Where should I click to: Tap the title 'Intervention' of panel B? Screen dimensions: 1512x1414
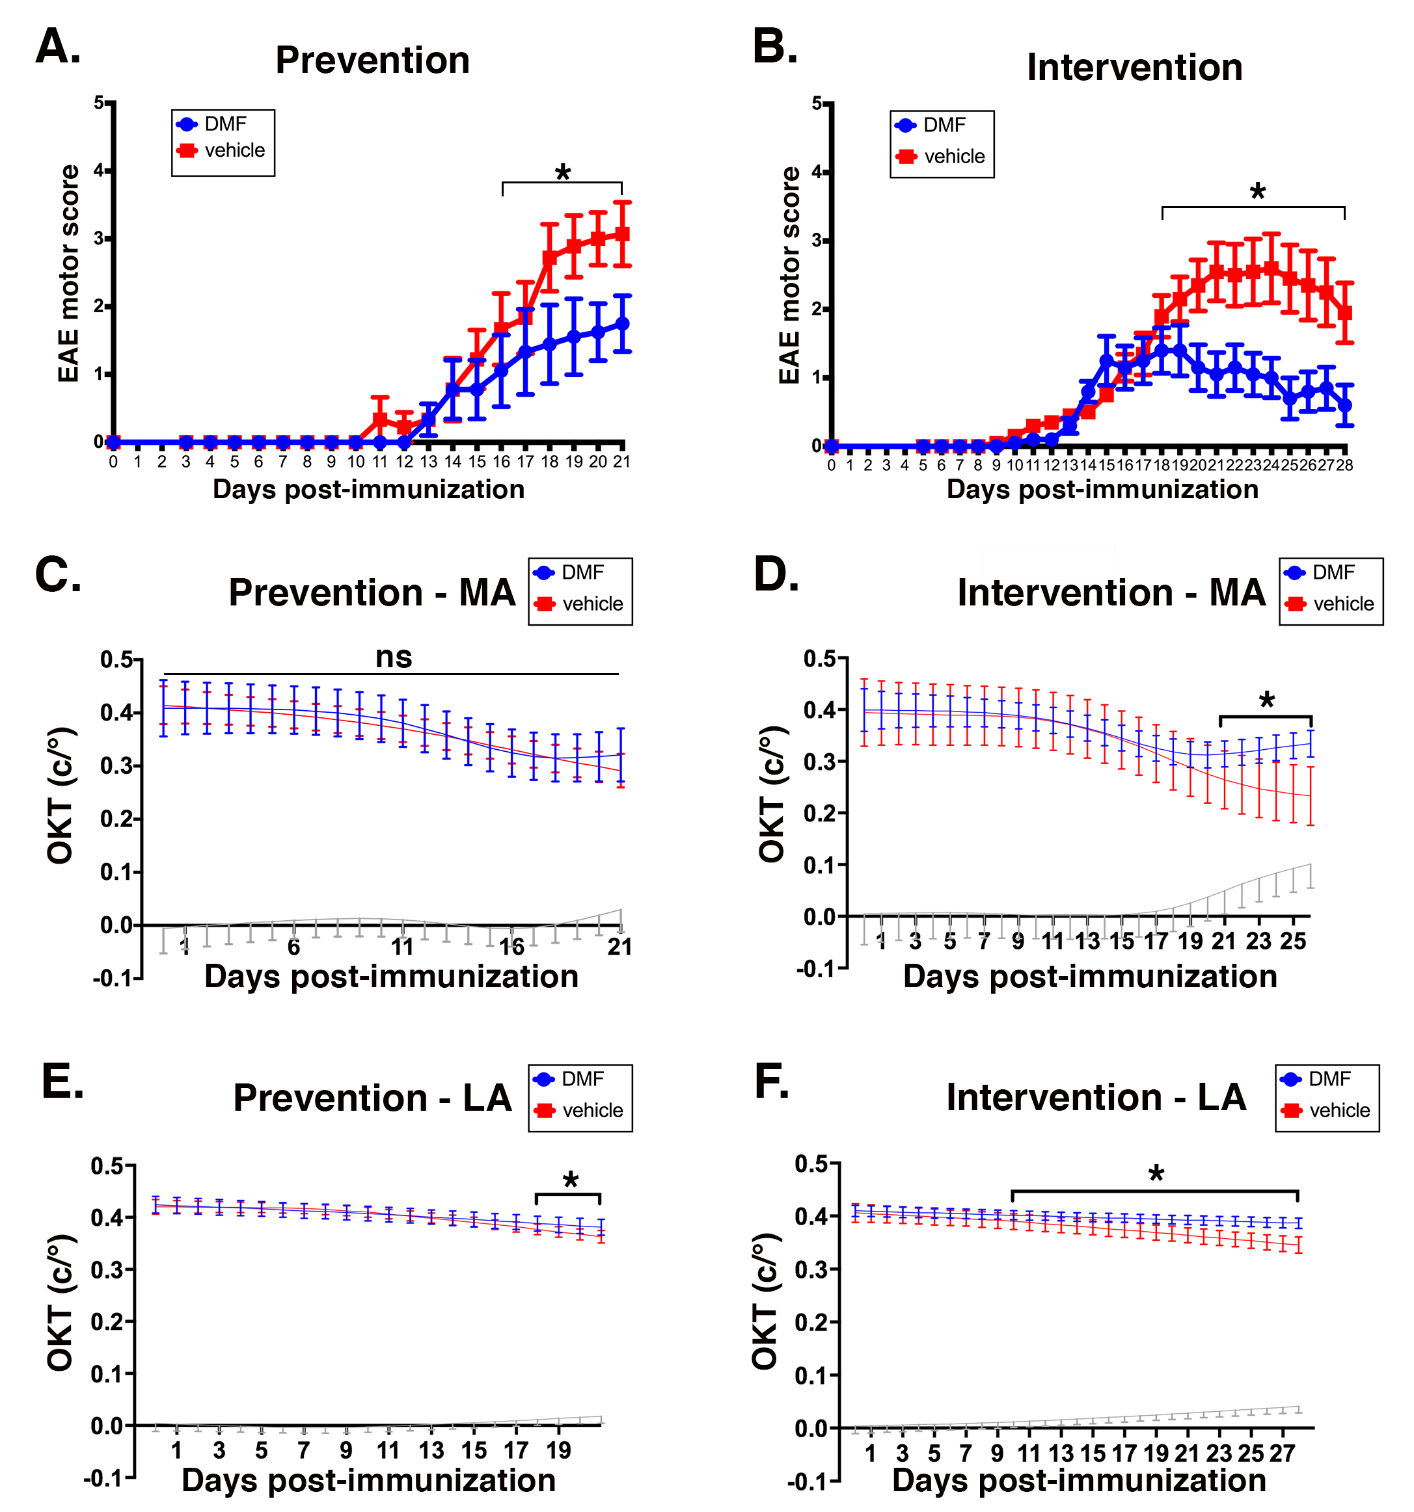[x=1134, y=67]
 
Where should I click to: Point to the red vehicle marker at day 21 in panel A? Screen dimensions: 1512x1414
[x=622, y=233]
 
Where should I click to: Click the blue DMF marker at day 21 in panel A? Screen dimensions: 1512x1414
[x=622, y=323]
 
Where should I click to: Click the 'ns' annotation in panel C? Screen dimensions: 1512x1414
[x=394, y=657]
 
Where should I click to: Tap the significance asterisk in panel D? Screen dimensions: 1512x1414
[x=1266, y=700]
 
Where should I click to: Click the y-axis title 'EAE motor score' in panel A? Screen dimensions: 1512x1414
[x=68, y=274]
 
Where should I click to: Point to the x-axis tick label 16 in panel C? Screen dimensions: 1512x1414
[x=511, y=946]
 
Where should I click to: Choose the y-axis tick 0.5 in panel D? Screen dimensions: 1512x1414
[x=820, y=659]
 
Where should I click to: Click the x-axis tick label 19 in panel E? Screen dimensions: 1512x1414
[x=558, y=1450]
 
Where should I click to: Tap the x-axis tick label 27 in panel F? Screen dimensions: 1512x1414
[x=1283, y=1453]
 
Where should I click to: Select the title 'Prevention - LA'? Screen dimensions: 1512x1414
[x=372, y=1098]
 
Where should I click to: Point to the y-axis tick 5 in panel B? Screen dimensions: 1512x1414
[x=817, y=103]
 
